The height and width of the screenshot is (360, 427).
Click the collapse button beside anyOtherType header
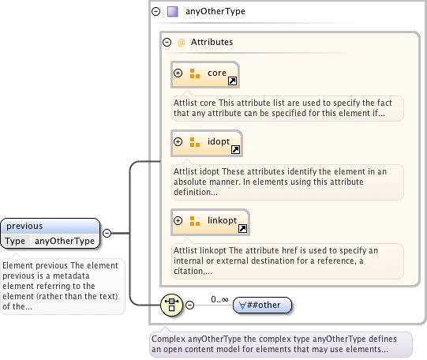(x=155, y=11)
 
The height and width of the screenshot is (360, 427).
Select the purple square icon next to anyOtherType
(x=173, y=12)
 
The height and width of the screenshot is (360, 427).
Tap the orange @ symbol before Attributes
(x=181, y=42)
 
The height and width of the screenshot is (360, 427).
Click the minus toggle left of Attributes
(x=167, y=42)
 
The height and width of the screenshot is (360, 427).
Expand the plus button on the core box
(x=178, y=73)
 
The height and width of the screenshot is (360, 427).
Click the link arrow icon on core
(x=232, y=81)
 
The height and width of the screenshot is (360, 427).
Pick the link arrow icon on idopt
(x=235, y=149)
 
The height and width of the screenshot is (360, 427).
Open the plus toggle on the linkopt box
(x=178, y=220)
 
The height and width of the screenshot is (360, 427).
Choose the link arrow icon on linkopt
(x=242, y=228)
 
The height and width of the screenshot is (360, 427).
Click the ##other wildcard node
(x=263, y=305)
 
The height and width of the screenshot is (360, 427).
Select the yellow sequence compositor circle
(x=171, y=305)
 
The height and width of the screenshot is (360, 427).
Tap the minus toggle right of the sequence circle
(x=189, y=305)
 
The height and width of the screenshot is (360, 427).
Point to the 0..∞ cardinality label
(x=219, y=299)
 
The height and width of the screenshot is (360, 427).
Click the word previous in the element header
(x=24, y=226)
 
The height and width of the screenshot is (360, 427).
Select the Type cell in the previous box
(x=15, y=241)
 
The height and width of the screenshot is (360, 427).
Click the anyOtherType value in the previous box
(x=65, y=241)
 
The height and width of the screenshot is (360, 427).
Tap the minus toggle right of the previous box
(x=107, y=234)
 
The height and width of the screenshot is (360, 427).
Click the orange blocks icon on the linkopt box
(x=195, y=221)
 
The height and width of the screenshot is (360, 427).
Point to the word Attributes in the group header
(x=212, y=42)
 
